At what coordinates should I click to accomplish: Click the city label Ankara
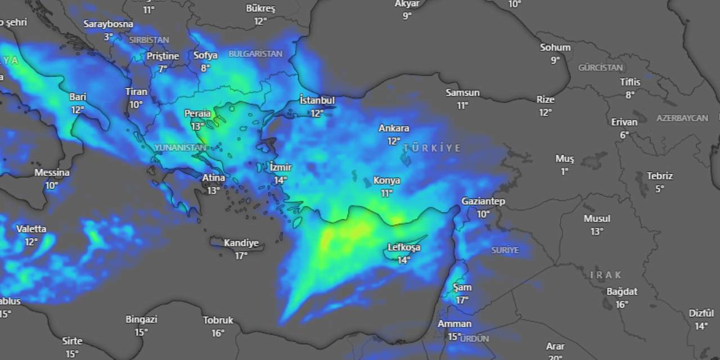click(x=394, y=128)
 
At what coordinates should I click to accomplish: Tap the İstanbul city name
click(x=317, y=100)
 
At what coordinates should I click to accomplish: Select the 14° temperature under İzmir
click(x=280, y=180)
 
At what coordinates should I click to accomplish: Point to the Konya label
click(x=386, y=181)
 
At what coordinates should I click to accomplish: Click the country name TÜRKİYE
click(x=432, y=148)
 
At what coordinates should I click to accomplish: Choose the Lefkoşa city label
click(x=404, y=247)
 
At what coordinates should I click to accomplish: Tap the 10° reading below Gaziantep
click(x=483, y=214)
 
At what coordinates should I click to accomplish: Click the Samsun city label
click(x=462, y=93)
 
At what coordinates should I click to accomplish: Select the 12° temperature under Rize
click(x=545, y=112)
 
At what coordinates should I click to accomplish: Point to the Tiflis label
click(x=630, y=82)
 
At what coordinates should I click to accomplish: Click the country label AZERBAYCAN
click(x=682, y=118)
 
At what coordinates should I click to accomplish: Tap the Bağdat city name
click(x=622, y=291)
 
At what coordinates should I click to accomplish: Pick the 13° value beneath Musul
click(x=597, y=231)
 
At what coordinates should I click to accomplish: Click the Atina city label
click(x=214, y=178)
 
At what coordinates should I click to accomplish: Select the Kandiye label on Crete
click(x=241, y=243)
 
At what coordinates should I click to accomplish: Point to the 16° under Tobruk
click(x=218, y=333)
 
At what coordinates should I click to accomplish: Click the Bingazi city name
click(x=141, y=319)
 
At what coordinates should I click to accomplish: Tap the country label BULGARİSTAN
click(x=255, y=54)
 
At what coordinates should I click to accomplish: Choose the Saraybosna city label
click(x=109, y=24)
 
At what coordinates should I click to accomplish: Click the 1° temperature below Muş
click(x=564, y=172)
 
